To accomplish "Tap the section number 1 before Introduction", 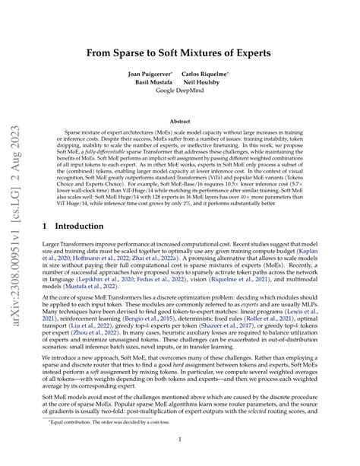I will point(43,227).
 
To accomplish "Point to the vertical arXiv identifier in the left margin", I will point(17,233).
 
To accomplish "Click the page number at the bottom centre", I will point(180,439).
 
